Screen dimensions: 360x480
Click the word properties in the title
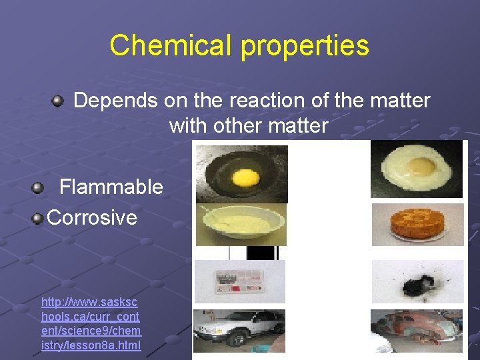(x=305, y=45)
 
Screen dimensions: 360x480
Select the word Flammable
(x=111, y=187)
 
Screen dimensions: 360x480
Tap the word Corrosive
(x=92, y=217)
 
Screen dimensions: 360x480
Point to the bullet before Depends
(x=58, y=101)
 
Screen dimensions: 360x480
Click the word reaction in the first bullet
(x=263, y=101)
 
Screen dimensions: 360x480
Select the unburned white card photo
(x=239, y=281)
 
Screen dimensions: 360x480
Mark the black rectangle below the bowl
(x=261, y=253)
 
